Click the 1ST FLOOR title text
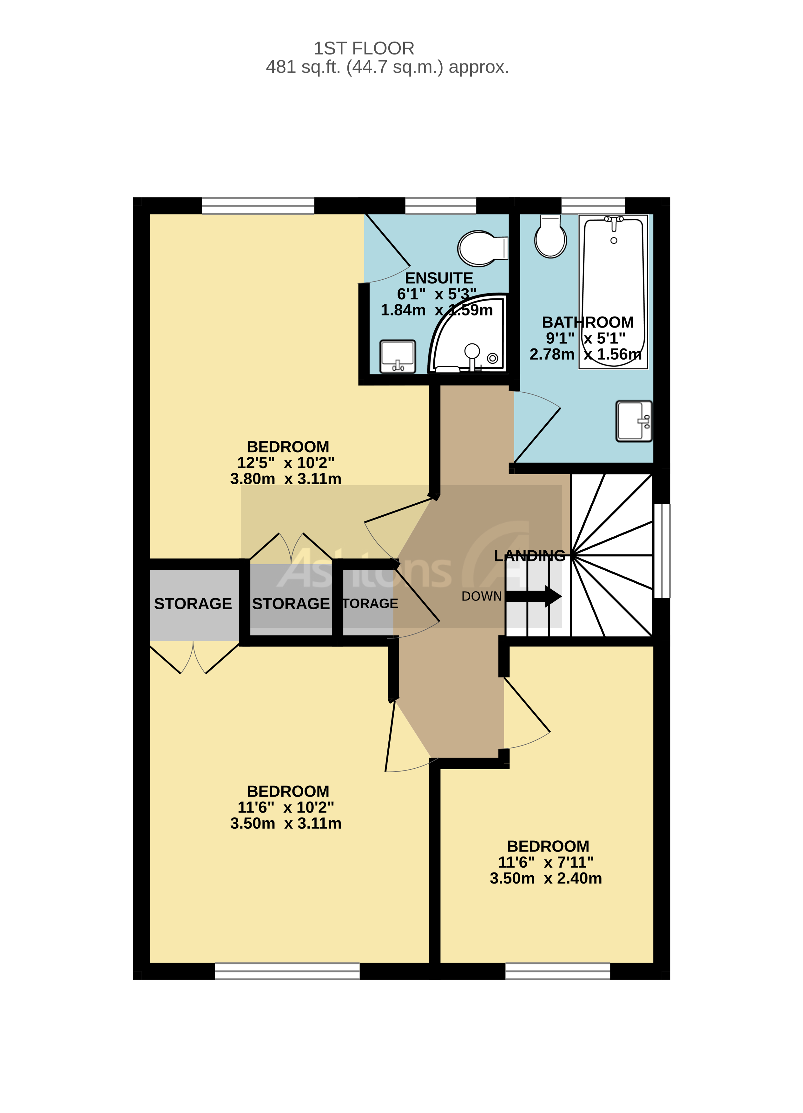(364, 48)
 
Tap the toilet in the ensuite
(481, 248)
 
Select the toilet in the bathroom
(550, 237)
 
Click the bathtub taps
(614, 221)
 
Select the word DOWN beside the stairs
(481, 596)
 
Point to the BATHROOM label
(587, 322)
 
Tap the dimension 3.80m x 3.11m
(286, 479)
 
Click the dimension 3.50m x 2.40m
(545, 878)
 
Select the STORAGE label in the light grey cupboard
(193, 604)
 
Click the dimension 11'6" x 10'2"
(286, 807)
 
